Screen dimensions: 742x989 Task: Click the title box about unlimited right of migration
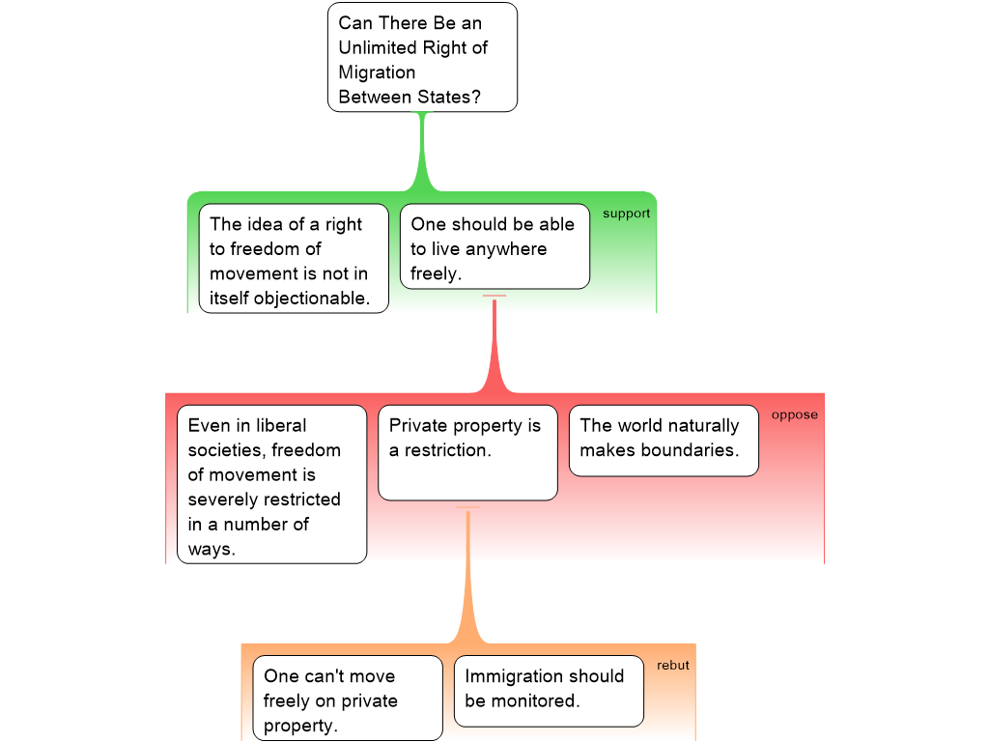[x=422, y=58]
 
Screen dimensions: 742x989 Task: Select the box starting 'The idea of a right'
[x=293, y=258]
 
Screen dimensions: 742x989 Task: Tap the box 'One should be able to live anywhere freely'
[x=494, y=246]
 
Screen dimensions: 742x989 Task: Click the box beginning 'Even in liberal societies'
[x=271, y=484]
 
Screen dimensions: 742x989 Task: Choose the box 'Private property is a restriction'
[x=467, y=452]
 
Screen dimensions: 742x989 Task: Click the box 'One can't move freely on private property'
[x=347, y=699]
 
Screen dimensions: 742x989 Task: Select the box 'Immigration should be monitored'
[x=548, y=691]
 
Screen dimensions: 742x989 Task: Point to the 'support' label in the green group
[x=626, y=214]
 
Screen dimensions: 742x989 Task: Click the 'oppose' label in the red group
[x=794, y=415]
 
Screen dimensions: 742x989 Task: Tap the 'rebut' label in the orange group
[x=672, y=666]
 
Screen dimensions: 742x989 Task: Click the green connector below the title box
[x=421, y=155]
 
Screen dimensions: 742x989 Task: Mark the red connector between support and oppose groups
[x=494, y=348]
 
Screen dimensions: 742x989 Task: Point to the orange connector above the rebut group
[x=468, y=580]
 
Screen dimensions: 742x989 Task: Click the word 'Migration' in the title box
[x=377, y=72]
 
